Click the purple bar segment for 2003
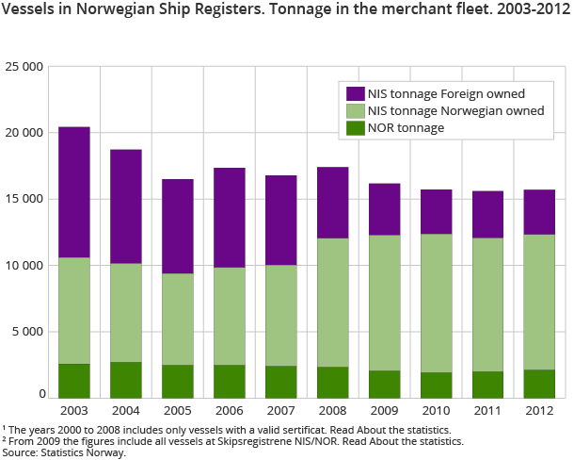pos(74,192)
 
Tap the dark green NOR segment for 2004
pos(125,380)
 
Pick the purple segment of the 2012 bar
pos(538,212)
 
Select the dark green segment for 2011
pos(487,385)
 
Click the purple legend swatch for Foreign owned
pos(355,93)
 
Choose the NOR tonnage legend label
pos(407,127)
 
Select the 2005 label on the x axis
pos(177,412)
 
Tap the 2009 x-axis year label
pos(384,412)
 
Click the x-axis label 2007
pos(280,412)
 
